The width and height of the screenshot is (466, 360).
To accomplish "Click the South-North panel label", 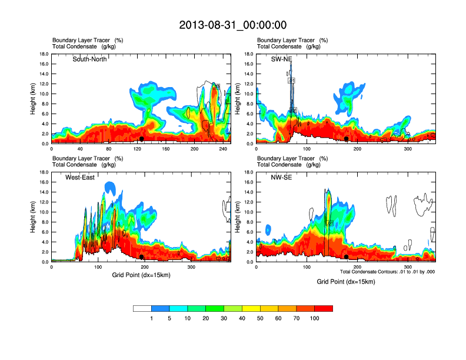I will click(89, 59).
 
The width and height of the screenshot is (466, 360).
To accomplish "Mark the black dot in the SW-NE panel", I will click(347, 139).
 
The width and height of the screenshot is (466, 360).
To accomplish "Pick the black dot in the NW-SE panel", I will click(347, 257).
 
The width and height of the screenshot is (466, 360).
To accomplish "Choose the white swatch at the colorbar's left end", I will click(142, 308).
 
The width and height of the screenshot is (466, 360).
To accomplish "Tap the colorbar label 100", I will click(315, 318).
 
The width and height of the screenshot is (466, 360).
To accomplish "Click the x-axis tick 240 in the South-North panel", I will click(224, 149).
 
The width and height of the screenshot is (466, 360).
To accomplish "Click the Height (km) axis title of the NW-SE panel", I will click(238, 217).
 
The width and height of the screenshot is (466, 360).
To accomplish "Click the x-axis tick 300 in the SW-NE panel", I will click(407, 149).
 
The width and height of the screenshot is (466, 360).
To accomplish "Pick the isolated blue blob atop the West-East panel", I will click(110, 188).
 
